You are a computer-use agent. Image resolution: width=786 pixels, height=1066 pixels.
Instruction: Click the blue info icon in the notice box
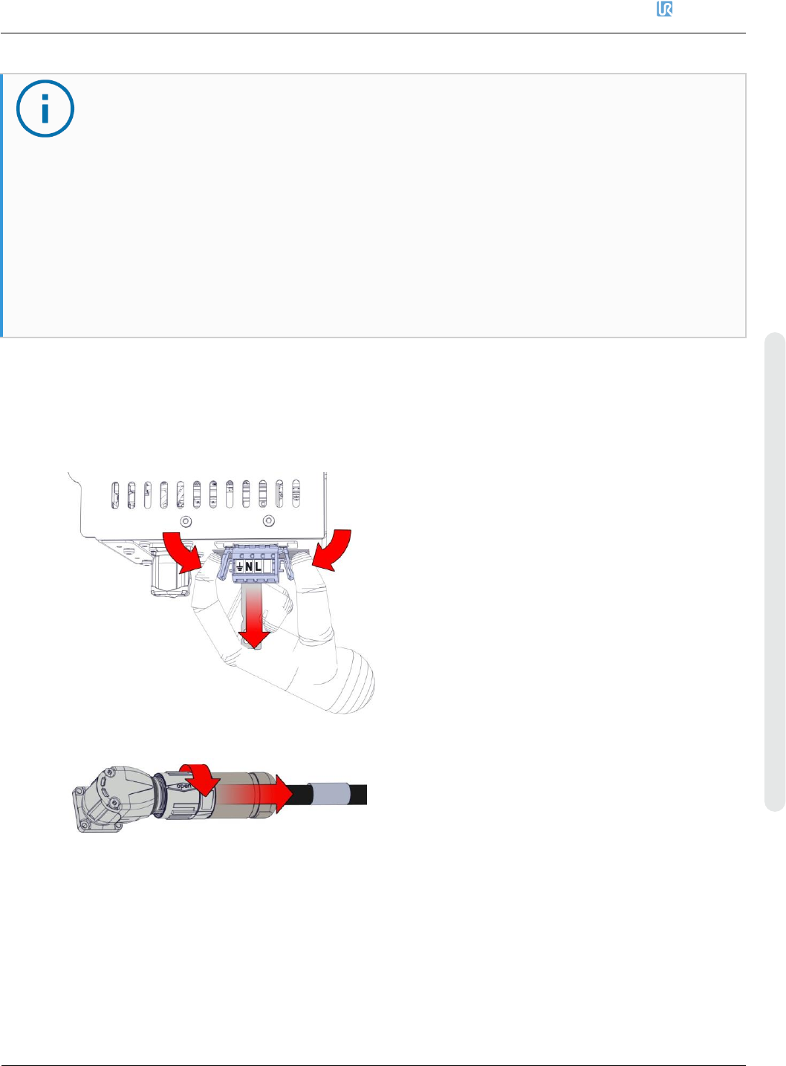[45, 109]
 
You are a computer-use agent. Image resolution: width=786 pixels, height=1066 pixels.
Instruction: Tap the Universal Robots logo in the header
[664, 10]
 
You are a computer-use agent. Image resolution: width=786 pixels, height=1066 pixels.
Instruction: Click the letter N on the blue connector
[249, 567]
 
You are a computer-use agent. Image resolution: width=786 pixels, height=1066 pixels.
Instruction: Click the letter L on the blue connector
[258, 567]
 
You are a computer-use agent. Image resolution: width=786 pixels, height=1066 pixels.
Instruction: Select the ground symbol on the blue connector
[239, 568]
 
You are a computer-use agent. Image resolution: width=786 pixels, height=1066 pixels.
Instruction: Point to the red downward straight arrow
[254, 617]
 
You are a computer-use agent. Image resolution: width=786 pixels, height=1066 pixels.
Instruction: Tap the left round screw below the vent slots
[186, 521]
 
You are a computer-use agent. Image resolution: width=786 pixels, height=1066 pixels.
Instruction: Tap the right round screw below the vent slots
[269, 521]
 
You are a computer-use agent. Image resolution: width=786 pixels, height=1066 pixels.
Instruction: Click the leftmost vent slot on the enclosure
[115, 495]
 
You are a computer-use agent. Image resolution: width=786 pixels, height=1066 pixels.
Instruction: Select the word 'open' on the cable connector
[183, 785]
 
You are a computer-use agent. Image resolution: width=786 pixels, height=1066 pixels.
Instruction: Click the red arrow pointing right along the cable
[275, 795]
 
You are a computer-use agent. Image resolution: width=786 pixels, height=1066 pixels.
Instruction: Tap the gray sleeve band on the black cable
[328, 794]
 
